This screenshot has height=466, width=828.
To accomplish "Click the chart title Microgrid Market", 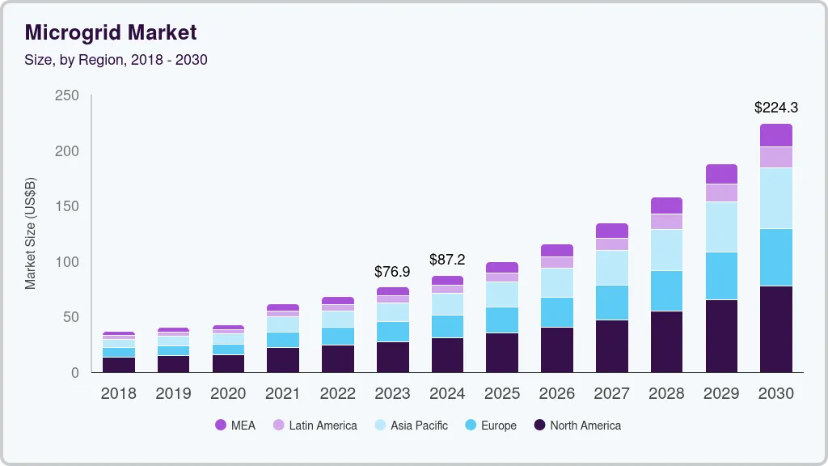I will (x=111, y=32).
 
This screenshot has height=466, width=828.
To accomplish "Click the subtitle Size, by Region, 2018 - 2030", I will (x=116, y=60).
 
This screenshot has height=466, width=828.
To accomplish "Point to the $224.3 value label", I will (x=775, y=107).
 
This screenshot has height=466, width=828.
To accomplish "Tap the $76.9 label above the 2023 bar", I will (x=392, y=271).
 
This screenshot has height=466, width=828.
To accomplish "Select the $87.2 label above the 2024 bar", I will (x=447, y=260).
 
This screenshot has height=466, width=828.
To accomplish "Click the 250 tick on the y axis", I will (x=66, y=95).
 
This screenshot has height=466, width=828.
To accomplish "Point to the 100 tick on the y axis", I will (x=66, y=262).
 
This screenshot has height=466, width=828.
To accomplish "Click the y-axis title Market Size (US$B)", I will (x=31, y=233).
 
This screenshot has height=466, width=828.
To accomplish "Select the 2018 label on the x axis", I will (x=118, y=393).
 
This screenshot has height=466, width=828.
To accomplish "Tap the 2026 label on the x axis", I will (x=557, y=393).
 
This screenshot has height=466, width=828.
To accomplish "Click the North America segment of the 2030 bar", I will (x=775, y=329).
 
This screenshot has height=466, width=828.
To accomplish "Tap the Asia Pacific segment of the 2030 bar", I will (x=775, y=198).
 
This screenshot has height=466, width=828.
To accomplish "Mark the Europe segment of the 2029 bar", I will (x=721, y=276).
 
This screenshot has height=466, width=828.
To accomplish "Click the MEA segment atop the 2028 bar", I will (x=666, y=205).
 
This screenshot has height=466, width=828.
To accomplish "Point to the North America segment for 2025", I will (x=501, y=353).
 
